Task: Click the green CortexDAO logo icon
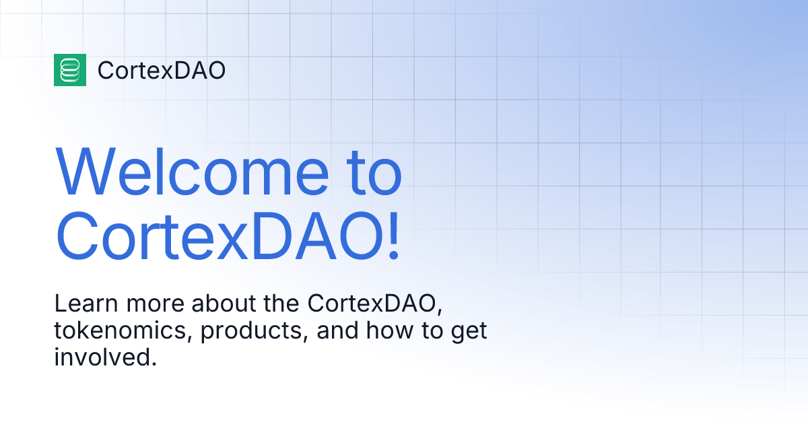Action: (70, 70)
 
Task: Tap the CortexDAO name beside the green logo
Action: (162, 70)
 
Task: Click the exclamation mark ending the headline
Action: (393, 236)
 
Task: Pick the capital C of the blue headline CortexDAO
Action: (77, 236)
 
